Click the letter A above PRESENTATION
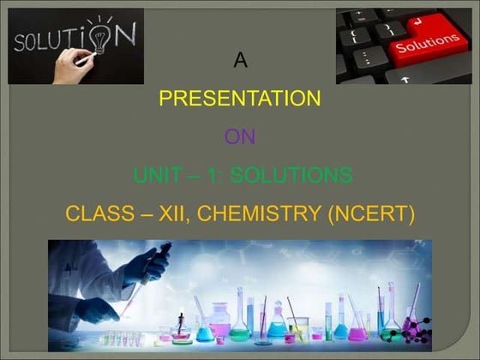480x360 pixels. coord(240,61)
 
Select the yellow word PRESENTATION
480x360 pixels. coord(240,99)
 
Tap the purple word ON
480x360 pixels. coord(240,137)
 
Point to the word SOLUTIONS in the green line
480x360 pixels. coord(297,176)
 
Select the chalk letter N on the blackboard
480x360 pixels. coord(125,34)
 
